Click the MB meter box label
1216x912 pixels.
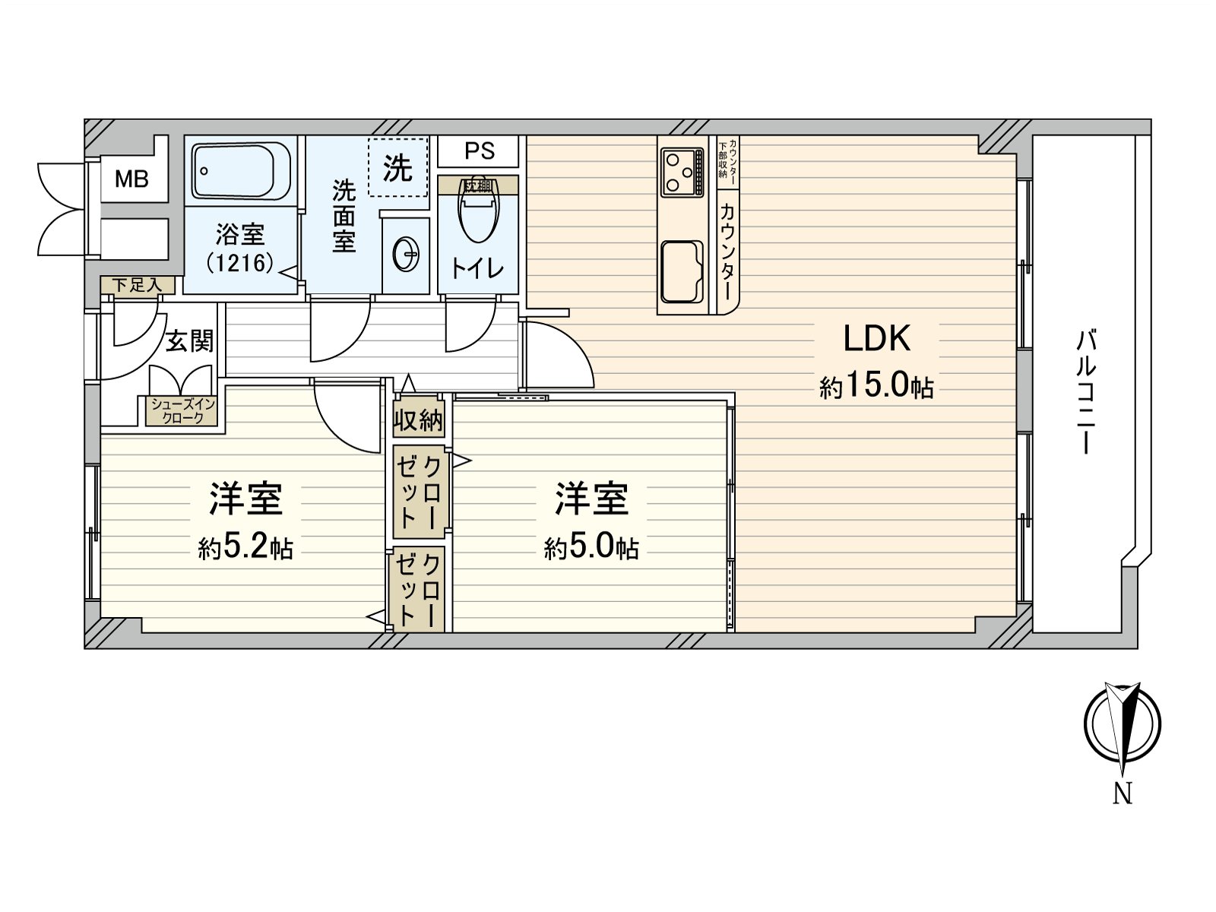coord(131,180)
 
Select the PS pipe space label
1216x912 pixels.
coord(479,151)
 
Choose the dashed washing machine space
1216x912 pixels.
coord(397,167)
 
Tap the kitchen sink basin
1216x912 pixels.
coord(681,272)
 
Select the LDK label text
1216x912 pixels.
coord(876,339)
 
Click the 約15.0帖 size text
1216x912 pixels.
coord(876,387)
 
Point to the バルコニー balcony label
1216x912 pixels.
coord(1085,391)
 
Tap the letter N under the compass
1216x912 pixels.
coord(1123,794)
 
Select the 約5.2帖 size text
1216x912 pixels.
coord(245,546)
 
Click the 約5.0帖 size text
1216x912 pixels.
coord(591,546)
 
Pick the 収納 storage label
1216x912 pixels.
coord(418,419)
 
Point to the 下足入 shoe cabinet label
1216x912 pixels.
coord(138,286)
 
